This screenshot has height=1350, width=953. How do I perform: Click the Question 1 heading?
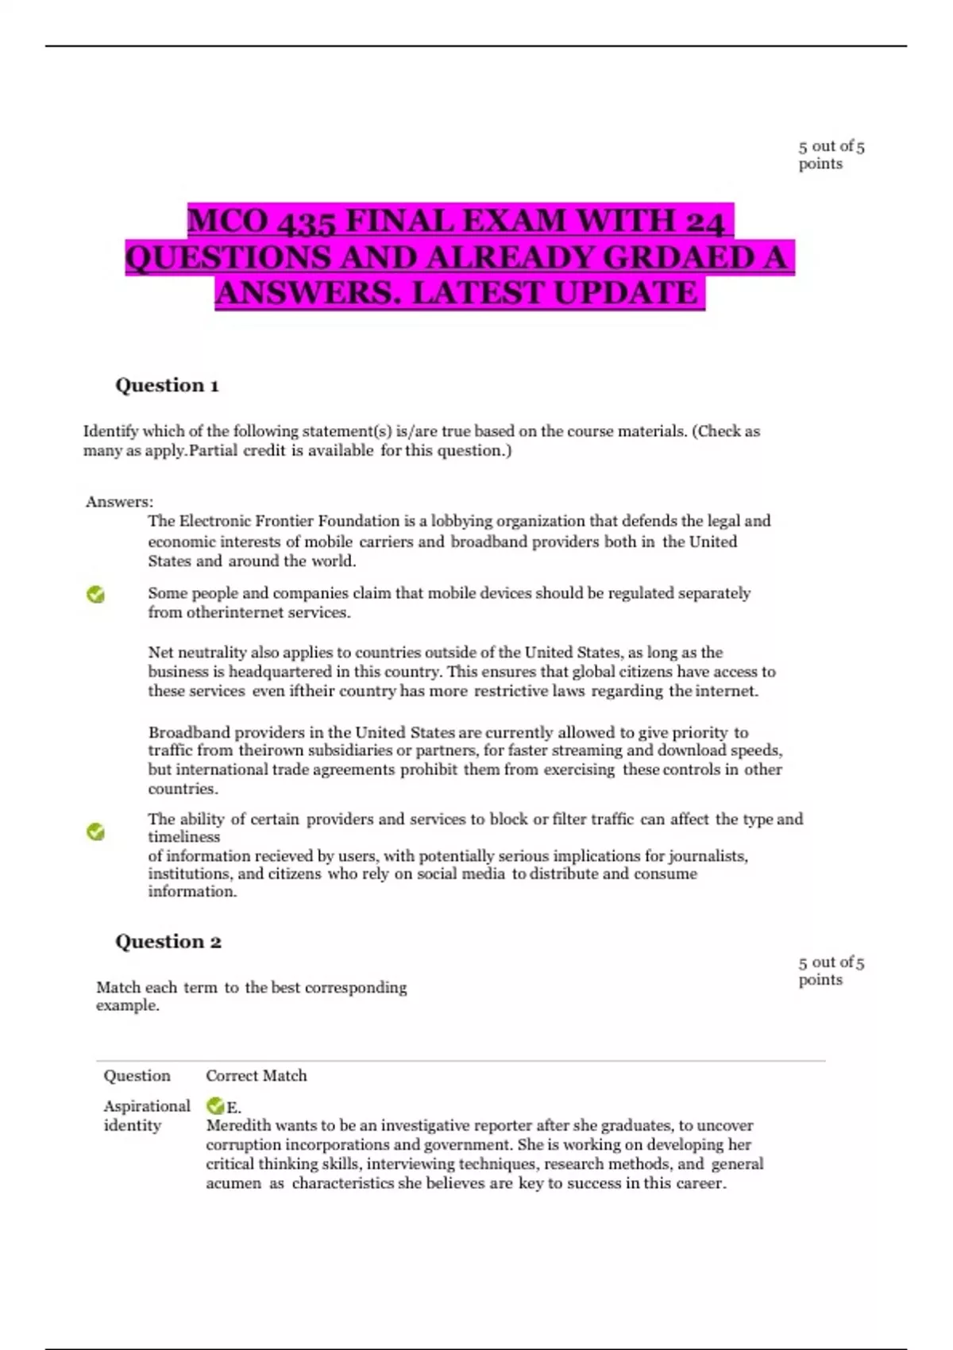tap(167, 386)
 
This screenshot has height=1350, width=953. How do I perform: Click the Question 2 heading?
tap(168, 942)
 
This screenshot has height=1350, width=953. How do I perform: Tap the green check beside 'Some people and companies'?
tap(96, 594)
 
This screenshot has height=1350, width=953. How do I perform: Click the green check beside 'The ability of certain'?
tap(96, 831)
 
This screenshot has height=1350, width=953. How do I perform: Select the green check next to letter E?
tap(214, 1105)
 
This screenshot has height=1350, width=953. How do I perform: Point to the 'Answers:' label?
tap(119, 502)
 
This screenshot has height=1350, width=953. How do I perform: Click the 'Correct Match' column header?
tap(256, 1076)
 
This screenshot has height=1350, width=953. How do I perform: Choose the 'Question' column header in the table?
tap(137, 1076)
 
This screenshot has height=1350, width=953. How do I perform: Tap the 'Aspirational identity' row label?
tap(146, 1115)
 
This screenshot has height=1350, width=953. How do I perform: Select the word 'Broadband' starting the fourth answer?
tap(189, 732)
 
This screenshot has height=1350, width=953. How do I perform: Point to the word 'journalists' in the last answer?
tap(707, 856)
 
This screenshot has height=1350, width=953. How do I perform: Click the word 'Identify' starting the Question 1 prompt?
tap(110, 431)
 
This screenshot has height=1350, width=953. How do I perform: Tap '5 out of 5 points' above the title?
tap(831, 155)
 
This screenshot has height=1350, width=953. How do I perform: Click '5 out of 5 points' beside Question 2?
tap(831, 970)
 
